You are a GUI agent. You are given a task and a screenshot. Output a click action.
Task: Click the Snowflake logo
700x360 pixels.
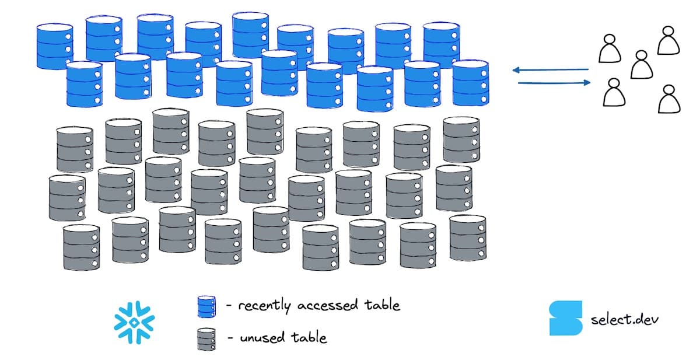point(135,321)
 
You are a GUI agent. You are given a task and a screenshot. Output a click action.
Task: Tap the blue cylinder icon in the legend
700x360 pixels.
point(206,306)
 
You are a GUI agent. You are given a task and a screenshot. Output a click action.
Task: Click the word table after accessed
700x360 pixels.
point(383,305)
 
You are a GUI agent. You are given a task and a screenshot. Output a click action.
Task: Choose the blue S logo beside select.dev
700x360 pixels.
point(565,319)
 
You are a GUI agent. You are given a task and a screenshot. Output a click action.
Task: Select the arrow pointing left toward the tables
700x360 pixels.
point(551,71)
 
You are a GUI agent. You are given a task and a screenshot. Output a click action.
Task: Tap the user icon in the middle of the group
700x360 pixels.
point(641,64)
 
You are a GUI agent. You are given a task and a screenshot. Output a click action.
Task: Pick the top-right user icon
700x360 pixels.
point(668,40)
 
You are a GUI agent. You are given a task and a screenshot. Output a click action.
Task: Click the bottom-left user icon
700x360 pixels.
point(613,92)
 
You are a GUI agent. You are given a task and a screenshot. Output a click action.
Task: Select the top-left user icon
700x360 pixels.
point(609,48)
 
